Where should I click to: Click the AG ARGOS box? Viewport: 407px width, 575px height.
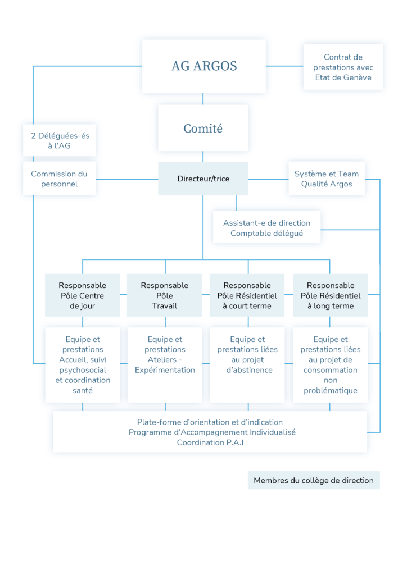point(203,66)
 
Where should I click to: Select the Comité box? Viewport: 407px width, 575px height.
point(203,128)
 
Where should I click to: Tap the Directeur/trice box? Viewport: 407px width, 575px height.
point(203,179)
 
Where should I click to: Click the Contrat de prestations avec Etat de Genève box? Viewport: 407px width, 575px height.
point(343,67)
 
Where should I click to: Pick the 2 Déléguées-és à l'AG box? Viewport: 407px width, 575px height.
point(60,140)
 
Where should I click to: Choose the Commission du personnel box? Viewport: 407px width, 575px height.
point(60,179)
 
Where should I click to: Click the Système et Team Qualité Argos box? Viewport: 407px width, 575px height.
point(327,179)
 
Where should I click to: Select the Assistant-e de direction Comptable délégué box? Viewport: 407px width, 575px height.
point(267,228)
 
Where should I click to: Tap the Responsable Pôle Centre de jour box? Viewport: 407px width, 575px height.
point(82,295)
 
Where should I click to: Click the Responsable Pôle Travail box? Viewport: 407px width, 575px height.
point(164,295)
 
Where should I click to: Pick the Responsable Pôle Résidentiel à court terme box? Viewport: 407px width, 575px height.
point(247,295)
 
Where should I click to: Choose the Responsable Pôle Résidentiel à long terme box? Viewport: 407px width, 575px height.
point(331,295)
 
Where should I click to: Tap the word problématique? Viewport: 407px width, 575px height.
point(331,391)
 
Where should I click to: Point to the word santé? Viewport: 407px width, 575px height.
point(83,391)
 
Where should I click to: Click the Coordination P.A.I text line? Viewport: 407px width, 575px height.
point(210,442)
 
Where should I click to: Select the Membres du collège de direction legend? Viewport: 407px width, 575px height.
point(314,481)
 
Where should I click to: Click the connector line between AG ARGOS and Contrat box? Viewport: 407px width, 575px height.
point(284,66)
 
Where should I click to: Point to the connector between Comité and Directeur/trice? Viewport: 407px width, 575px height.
point(203,156)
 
